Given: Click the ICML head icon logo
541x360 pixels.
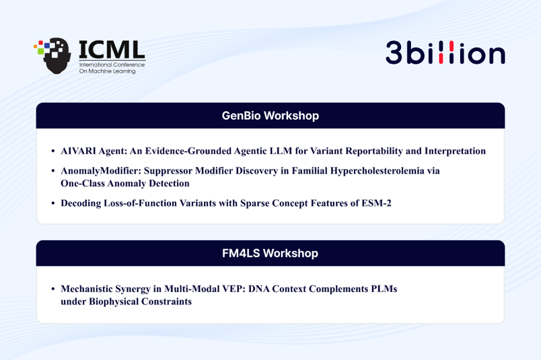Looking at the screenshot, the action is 52,55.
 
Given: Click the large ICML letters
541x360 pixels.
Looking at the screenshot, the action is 112,50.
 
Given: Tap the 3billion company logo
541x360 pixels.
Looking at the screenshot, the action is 445,52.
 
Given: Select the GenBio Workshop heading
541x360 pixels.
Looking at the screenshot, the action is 270,116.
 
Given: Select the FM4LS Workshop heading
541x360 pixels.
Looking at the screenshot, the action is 270,253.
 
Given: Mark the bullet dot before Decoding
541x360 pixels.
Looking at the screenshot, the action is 53,203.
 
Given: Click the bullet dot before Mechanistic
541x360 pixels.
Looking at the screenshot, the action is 53,289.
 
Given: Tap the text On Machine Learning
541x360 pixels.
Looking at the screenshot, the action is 107,71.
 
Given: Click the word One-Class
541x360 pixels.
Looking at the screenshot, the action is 83,183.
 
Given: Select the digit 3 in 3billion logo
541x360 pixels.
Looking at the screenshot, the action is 394,52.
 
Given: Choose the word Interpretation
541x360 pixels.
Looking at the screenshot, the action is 455,151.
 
